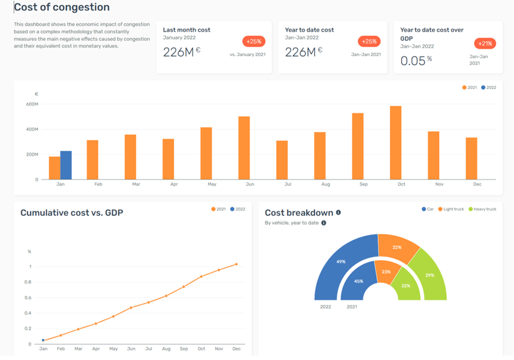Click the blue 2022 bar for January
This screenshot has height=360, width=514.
click(66, 165)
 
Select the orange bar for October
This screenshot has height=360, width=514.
click(395, 143)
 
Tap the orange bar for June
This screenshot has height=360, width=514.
click(244, 148)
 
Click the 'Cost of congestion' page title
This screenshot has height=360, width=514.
click(62, 7)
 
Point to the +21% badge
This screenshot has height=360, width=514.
click(485, 43)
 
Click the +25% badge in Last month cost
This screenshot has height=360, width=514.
click(254, 41)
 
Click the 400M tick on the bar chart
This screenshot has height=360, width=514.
click(32, 129)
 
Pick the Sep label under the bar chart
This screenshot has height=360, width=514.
click(364, 184)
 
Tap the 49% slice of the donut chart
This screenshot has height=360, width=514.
click(341, 261)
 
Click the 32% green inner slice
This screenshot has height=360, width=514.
click(406, 285)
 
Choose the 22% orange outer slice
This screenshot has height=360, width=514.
click(397, 248)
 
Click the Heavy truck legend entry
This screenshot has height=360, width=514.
click(482, 209)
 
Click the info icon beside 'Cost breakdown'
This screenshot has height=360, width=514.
click(338, 213)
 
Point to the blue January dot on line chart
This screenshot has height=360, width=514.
click(43, 340)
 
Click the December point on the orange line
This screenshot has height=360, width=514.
click(236, 264)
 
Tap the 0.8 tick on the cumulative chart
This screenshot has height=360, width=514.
click(30, 282)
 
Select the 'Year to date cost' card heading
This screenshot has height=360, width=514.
click(309, 30)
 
